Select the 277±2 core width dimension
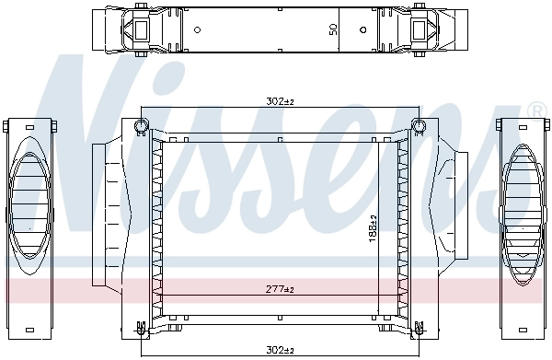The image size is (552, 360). (x=278, y=290)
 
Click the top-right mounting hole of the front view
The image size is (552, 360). (x=418, y=125)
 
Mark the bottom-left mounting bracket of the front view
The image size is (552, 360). (x=140, y=326)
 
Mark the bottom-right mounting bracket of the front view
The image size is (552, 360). (x=417, y=326)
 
